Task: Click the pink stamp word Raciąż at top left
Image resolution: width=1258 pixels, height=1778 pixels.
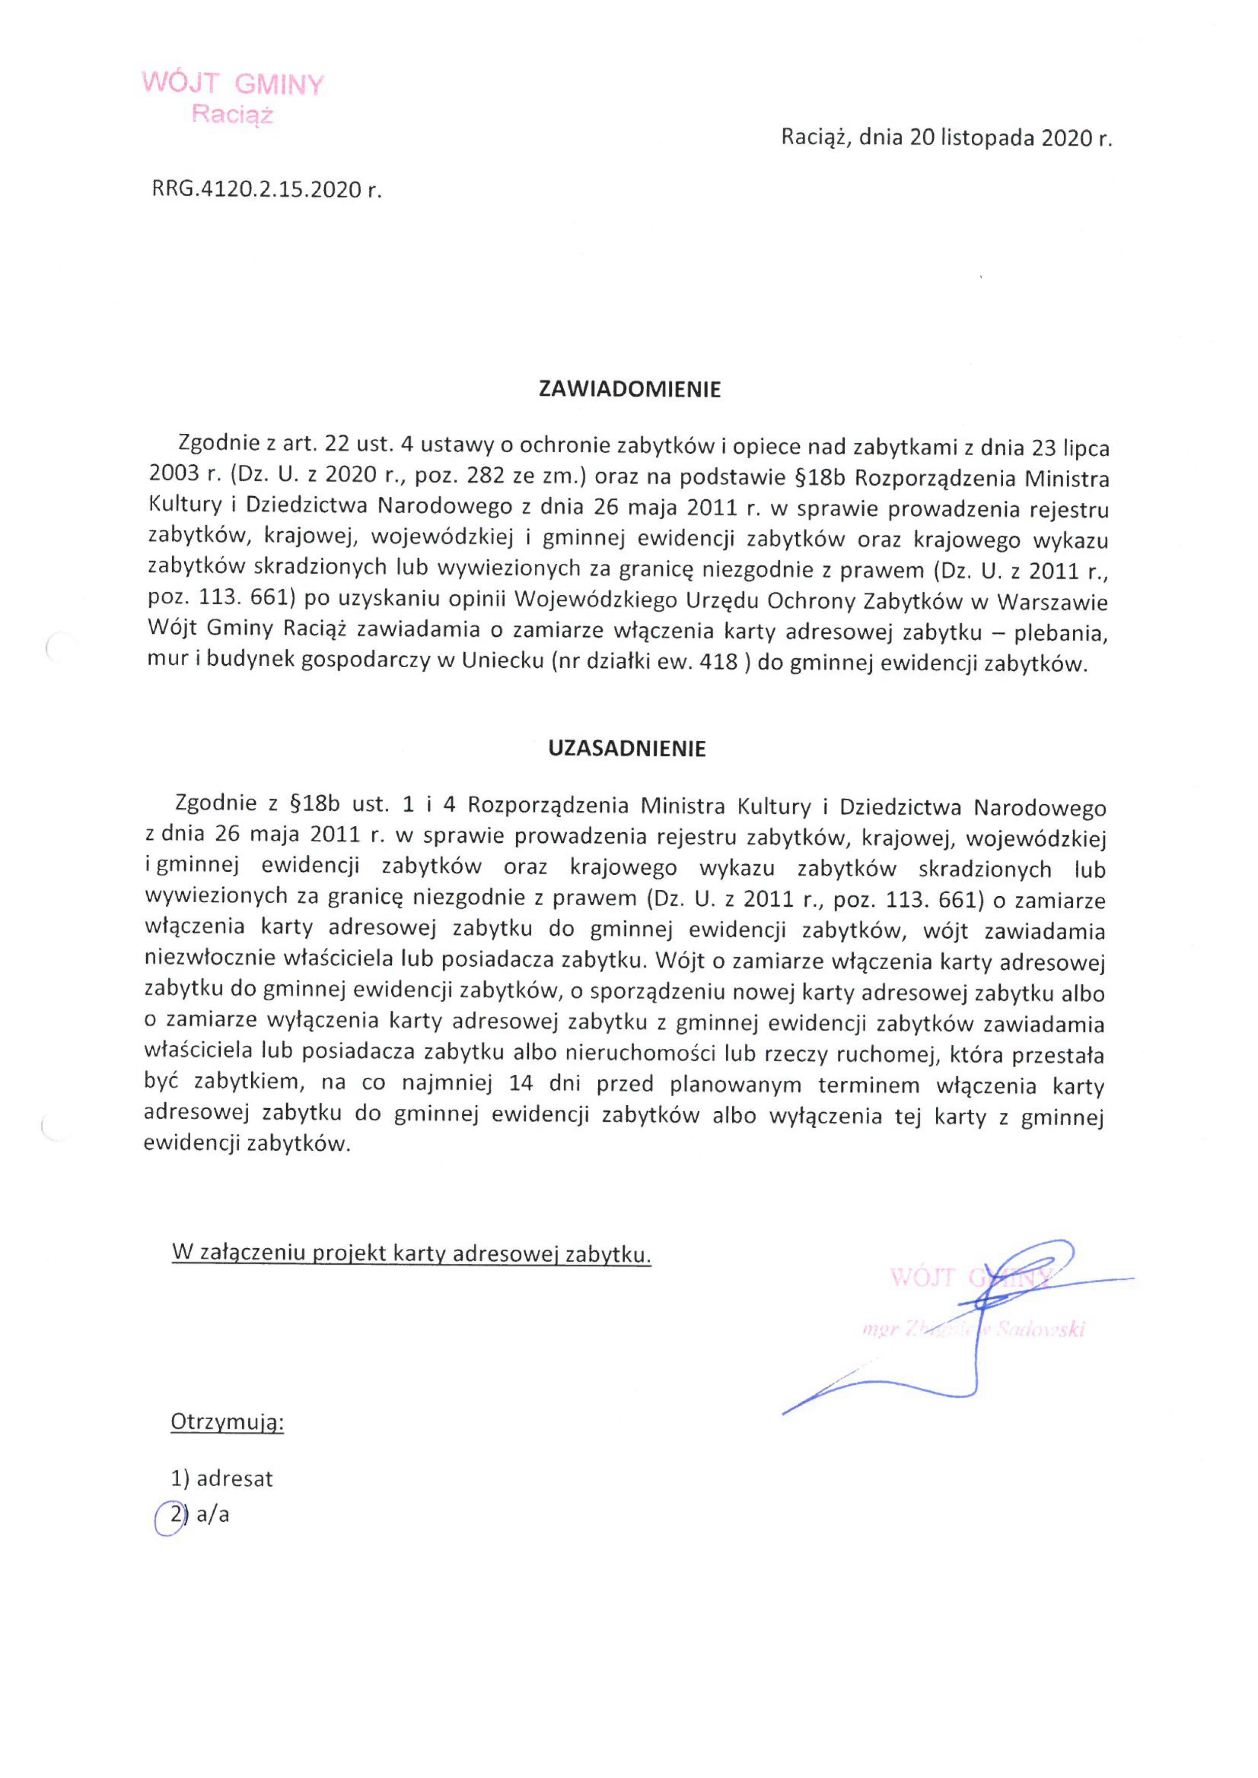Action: (232, 115)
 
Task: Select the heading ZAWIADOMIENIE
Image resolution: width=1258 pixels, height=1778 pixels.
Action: (629, 390)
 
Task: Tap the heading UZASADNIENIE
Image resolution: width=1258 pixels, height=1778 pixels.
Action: (627, 749)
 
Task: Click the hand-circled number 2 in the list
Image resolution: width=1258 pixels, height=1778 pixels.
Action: (176, 1515)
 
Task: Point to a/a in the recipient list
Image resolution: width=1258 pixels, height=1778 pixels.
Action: (213, 1515)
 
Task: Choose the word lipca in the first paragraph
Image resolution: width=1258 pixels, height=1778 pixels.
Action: (1085, 448)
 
